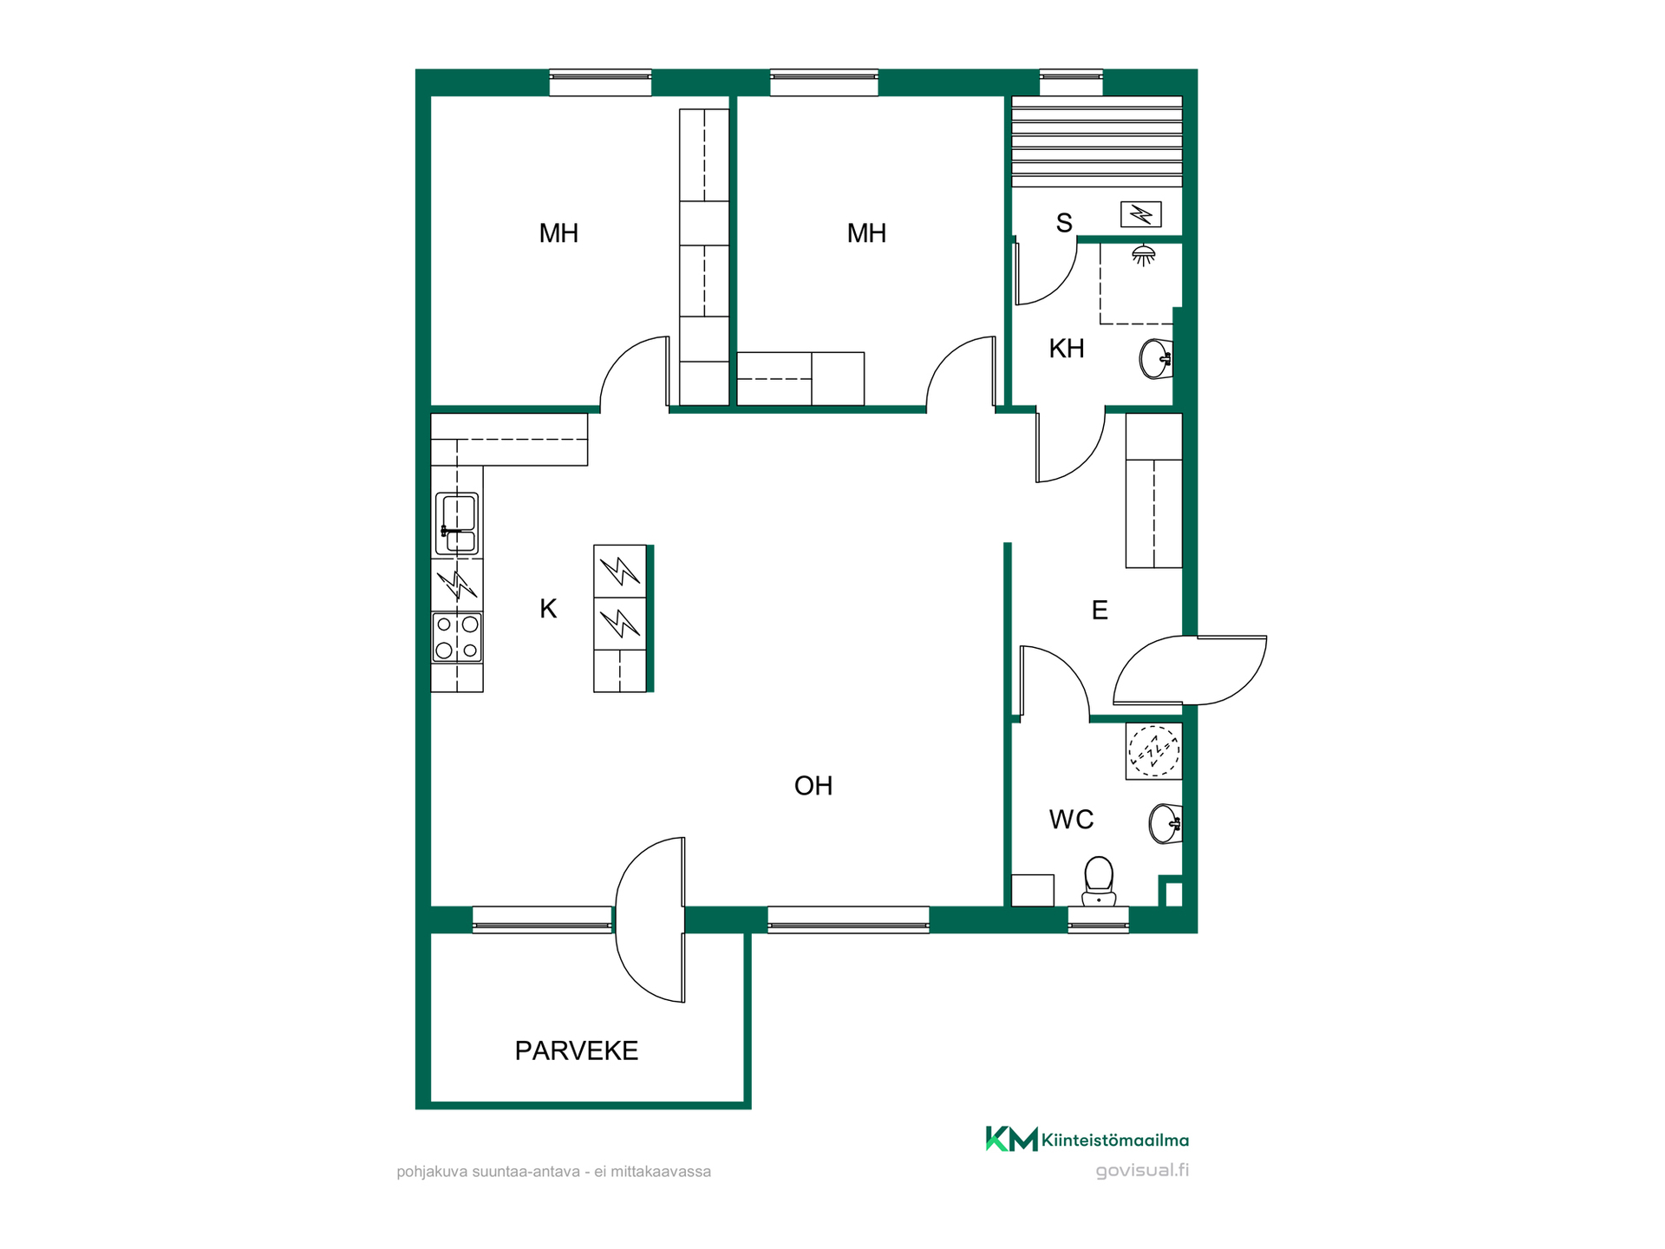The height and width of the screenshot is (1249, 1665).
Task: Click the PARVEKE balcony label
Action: [x=577, y=1050]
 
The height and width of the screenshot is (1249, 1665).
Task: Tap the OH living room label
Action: [x=813, y=786]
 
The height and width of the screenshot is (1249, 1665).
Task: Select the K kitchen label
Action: [x=548, y=609]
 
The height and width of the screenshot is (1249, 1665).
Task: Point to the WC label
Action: [x=1071, y=820]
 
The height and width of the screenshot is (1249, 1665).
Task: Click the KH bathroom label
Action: [x=1067, y=349]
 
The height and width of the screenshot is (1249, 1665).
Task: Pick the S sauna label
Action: [x=1064, y=224]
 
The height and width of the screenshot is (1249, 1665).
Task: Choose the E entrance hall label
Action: [x=1100, y=611]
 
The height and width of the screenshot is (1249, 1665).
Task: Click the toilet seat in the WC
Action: [x=1099, y=880]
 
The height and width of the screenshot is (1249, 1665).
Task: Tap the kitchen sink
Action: [x=456, y=524]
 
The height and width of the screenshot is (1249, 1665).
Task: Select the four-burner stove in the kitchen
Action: [x=457, y=638]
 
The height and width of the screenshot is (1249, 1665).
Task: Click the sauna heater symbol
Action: [x=1140, y=214]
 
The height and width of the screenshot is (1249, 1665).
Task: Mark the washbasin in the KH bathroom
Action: [x=1156, y=359]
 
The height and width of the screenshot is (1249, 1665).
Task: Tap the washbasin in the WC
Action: [x=1165, y=823]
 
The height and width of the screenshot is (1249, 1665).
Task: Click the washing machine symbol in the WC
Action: [x=1154, y=751]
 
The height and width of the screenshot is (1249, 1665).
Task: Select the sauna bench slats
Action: [x=1097, y=141]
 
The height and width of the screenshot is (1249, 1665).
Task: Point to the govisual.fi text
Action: [x=1142, y=1170]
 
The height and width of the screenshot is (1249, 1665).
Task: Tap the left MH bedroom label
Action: [x=558, y=233]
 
